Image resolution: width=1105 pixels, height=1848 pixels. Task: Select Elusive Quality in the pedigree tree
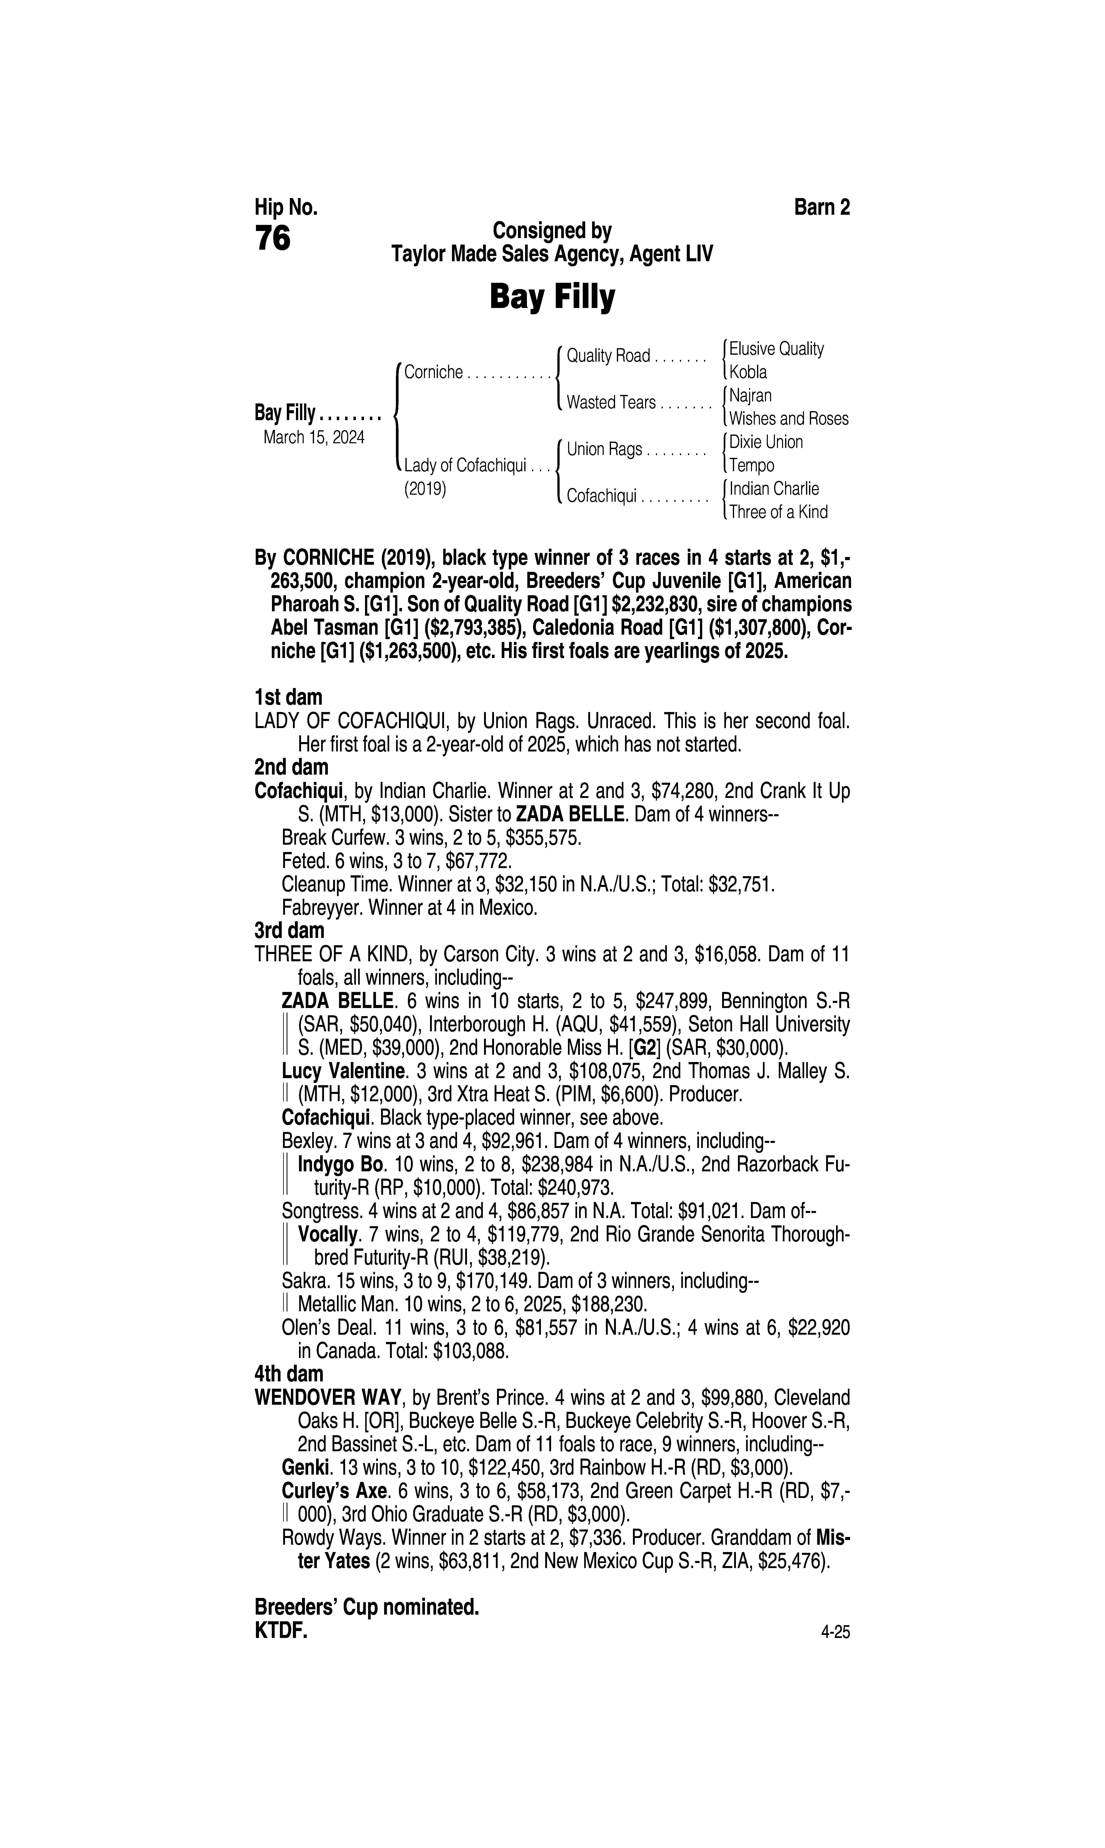tap(776, 349)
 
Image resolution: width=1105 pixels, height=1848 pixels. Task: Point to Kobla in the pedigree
tap(747, 372)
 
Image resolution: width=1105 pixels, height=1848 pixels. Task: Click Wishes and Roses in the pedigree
tap(789, 419)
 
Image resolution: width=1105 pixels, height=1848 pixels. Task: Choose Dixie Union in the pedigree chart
tap(765, 442)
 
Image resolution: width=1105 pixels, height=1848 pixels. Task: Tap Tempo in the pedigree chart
tap(751, 466)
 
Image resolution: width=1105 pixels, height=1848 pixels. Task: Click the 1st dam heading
tap(288, 698)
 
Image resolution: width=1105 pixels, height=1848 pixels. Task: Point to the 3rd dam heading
tap(290, 931)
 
